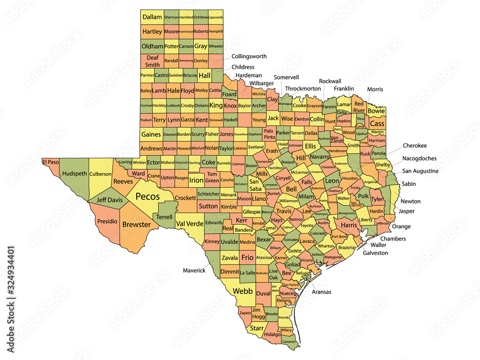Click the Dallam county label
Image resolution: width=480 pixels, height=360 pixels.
point(152,17)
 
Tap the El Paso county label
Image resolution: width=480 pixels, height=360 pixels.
point(50,162)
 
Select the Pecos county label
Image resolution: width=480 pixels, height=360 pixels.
point(148,196)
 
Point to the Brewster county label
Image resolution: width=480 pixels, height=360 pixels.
point(137,224)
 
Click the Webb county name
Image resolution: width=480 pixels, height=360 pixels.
point(243,291)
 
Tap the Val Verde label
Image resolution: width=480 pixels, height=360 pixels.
point(190,224)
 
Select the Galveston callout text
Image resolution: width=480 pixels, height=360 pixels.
point(375,252)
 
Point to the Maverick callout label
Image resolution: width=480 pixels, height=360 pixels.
point(194,270)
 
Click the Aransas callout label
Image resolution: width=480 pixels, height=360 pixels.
point(322,291)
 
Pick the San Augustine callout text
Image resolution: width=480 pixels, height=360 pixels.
point(420,171)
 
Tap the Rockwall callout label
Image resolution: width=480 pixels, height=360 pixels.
point(330,81)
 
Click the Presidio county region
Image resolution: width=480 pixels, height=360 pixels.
point(107,222)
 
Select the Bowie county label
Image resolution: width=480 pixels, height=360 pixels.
point(376,111)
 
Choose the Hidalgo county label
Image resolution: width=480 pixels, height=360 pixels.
point(272,334)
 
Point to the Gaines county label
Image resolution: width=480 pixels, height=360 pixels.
point(151,135)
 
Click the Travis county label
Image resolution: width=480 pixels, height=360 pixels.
point(284,211)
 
